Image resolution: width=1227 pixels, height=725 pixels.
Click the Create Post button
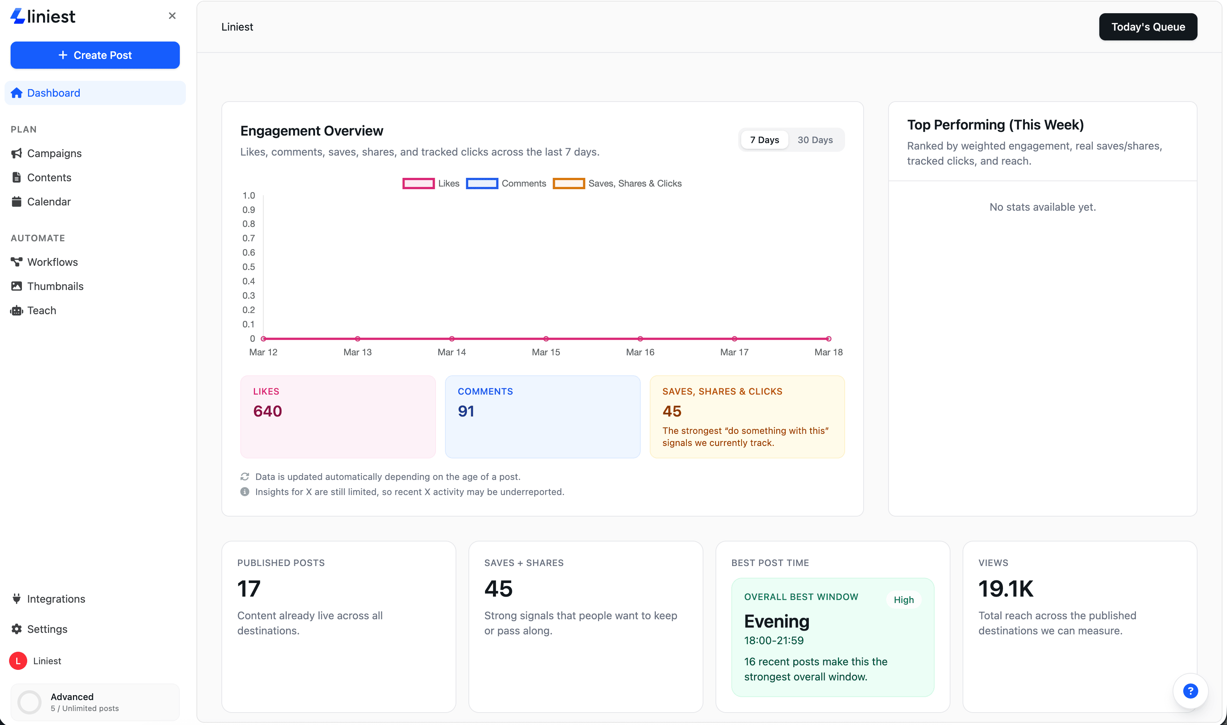95,55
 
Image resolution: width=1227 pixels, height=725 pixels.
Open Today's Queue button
1147,27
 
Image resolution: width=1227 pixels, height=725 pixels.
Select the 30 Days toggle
814,140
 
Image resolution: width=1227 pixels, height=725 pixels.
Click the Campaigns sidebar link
54,153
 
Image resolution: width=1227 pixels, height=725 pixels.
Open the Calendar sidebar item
49,202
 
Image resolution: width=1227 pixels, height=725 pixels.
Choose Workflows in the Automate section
52,262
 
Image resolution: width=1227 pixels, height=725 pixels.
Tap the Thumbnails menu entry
55,286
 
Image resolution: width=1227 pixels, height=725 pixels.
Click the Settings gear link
47,629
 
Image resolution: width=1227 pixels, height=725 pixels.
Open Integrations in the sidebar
56,599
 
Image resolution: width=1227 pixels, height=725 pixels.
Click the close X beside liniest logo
172,16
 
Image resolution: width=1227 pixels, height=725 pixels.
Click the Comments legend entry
506,184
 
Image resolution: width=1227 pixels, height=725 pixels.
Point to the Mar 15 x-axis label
546,352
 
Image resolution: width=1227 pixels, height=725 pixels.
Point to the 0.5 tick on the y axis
248,267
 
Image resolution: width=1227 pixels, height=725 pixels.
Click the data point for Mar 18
828,339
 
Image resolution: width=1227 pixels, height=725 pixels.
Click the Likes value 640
267,411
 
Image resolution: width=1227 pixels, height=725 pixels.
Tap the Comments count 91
466,411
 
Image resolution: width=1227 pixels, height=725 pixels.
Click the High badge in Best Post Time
903,600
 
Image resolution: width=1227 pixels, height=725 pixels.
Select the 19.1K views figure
1006,589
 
